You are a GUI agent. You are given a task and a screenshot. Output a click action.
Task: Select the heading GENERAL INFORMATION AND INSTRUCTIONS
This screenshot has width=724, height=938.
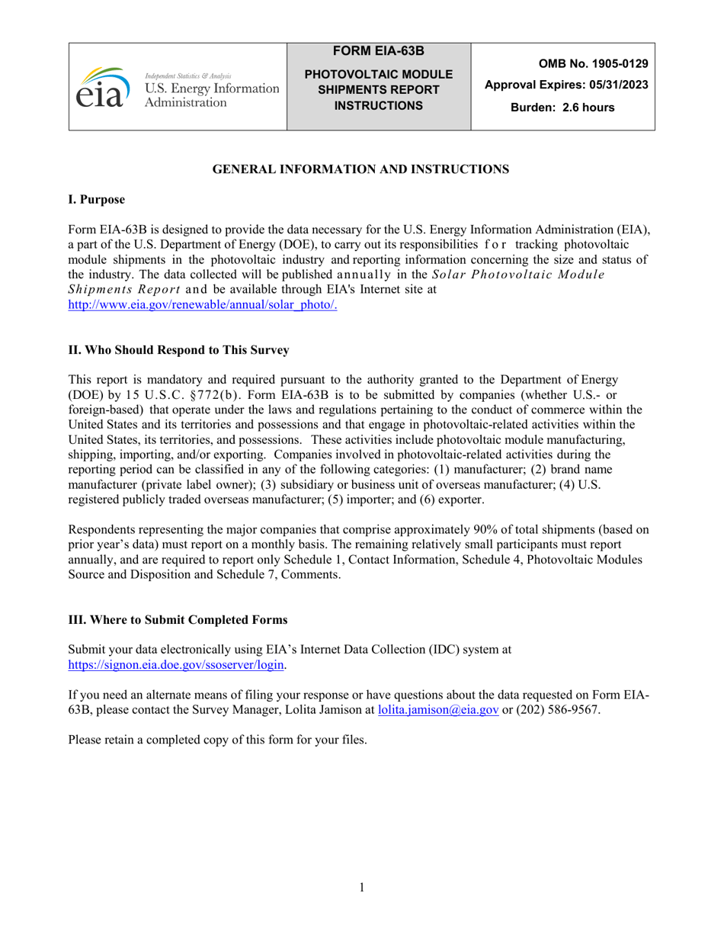pos(360,169)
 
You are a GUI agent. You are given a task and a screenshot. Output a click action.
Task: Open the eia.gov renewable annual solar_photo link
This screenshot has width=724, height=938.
pos(203,304)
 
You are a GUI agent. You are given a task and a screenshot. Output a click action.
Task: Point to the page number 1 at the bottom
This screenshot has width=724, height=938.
pos(362,887)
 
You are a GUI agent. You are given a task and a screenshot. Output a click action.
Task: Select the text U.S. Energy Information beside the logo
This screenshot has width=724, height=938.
pos(212,89)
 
